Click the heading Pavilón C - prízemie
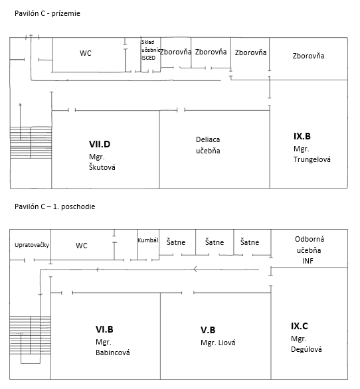[47, 13]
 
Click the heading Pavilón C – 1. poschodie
[55, 206]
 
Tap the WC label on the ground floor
[86, 53]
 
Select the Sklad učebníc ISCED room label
[151, 50]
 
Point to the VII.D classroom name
[100, 144]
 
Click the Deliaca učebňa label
[208, 145]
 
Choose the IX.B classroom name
[302, 136]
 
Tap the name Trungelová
[312, 159]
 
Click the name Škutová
[102, 167]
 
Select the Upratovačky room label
[32, 245]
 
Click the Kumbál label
[148, 240]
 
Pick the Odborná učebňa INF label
[309, 250]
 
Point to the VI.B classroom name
[104, 329]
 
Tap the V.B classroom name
[208, 330]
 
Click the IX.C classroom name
[300, 326]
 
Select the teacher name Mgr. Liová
[218, 343]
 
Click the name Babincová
[113, 352]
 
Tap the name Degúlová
[306, 349]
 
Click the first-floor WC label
[82, 246]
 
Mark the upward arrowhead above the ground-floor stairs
[20, 105]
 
